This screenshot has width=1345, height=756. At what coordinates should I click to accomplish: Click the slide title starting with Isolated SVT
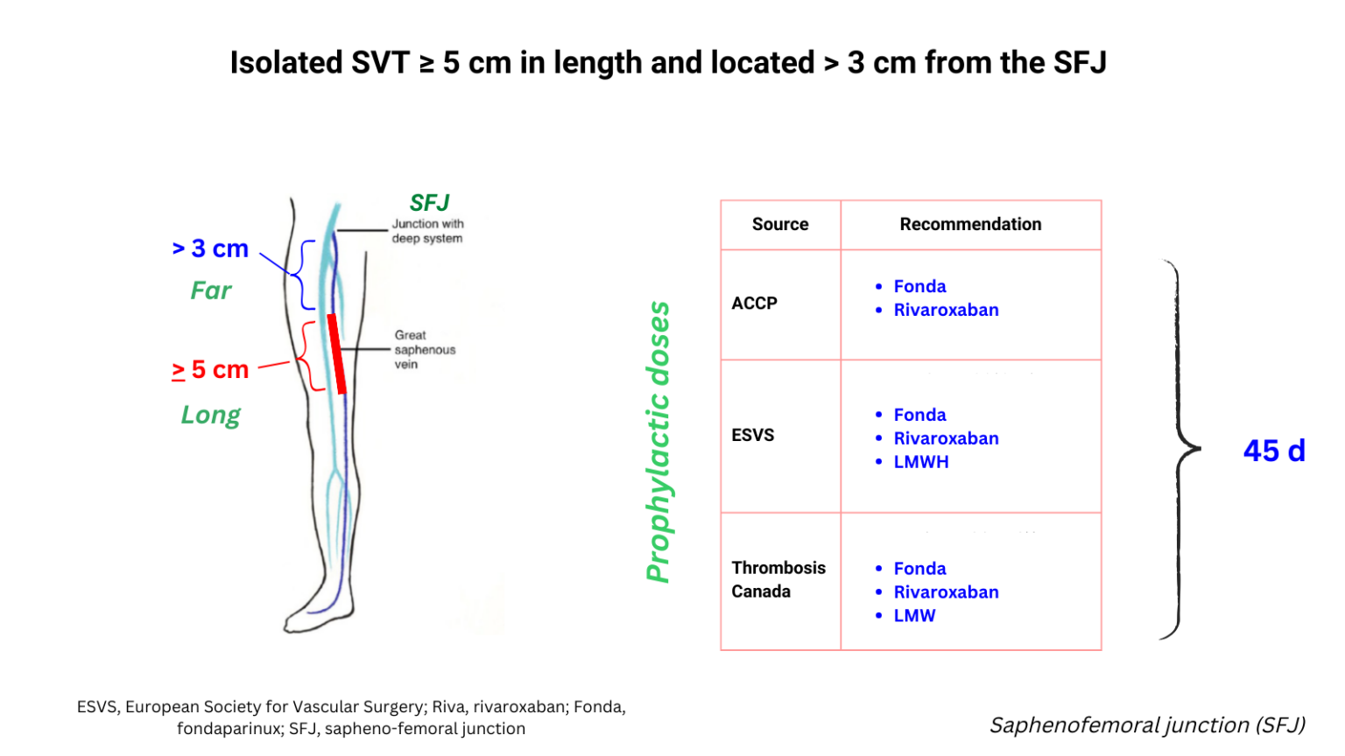pyautogui.click(x=668, y=63)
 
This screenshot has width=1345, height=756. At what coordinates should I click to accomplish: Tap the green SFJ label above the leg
pyautogui.click(x=429, y=203)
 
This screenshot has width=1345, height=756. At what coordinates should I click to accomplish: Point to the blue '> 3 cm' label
pyautogui.click(x=210, y=248)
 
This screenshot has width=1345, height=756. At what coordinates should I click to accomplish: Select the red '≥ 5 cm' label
pyautogui.click(x=210, y=369)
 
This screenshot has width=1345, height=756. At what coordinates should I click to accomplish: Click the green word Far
pyautogui.click(x=211, y=290)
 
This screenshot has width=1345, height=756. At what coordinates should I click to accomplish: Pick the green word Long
pyautogui.click(x=210, y=415)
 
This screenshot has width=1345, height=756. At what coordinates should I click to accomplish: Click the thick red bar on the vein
pyautogui.click(x=336, y=353)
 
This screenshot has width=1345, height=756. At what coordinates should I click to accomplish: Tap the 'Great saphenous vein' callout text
pyautogui.click(x=424, y=349)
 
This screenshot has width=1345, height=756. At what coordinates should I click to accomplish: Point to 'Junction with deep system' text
pyautogui.click(x=427, y=231)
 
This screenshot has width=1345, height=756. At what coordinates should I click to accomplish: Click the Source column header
pyautogui.click(x=780, y=224)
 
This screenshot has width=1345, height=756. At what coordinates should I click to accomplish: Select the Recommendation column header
pyautogui.click(x=970, y=224)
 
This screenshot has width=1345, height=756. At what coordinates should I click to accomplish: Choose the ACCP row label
pyautogui.click(x=754, y=303)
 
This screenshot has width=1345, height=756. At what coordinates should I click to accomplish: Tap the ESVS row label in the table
pyautogui.click(x=753, y=435)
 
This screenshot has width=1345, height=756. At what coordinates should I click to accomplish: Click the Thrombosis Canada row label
pyautogui.click(x=778, y=579)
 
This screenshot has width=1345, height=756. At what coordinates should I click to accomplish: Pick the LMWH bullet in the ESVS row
pyautogui.click(x=920, y=462)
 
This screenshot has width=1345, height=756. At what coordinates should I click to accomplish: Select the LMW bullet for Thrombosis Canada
pyautogui.click(x=914, y=616)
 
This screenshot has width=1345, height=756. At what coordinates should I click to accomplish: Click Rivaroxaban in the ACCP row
pyautogui.click(x=946, y=310)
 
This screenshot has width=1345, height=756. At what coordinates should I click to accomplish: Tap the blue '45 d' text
pyautogui.click(x=1274, y=451)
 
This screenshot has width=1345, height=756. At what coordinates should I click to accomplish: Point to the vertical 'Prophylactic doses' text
pyautogui.click(x=658, y=442)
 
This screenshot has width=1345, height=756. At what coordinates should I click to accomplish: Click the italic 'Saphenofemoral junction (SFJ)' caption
pyautogui.click(x=1147, y=725)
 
